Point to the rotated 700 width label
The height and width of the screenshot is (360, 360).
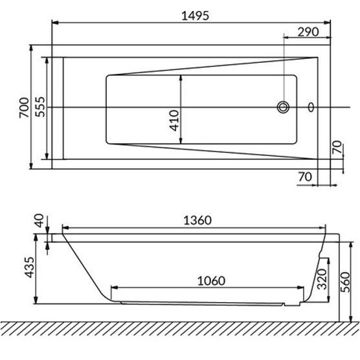(x=23, y=107)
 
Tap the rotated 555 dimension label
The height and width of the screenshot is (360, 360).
(x=39, y=107)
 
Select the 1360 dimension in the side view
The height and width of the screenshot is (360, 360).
(x=194, y=219)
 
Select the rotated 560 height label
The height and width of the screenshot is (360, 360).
(x=351, y=281)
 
